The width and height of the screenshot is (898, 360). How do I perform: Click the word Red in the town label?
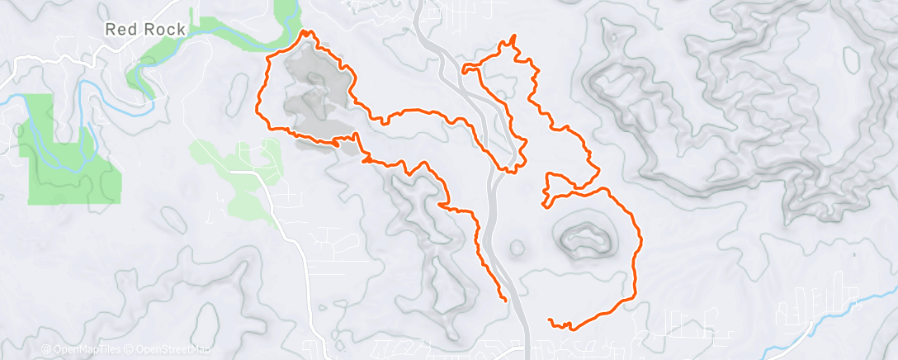(x=119, y=29)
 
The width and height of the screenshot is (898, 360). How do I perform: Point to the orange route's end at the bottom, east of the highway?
(x=550, y=320)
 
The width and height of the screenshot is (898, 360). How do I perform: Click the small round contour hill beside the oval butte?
(x=518, y=247)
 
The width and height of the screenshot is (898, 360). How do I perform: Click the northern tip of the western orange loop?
(x=309, y=32)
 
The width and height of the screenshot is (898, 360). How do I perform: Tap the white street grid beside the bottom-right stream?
(x=813, y=306)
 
